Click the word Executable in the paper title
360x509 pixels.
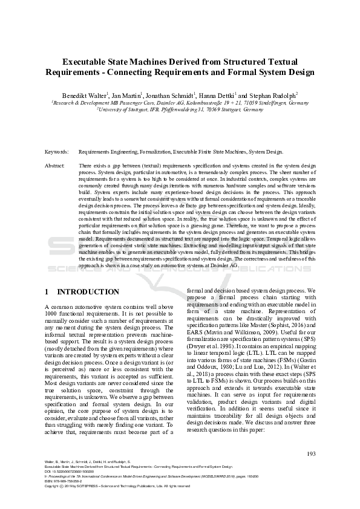[90, 62]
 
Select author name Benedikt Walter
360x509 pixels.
[85, 96]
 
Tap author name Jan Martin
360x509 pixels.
[126, 96]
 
